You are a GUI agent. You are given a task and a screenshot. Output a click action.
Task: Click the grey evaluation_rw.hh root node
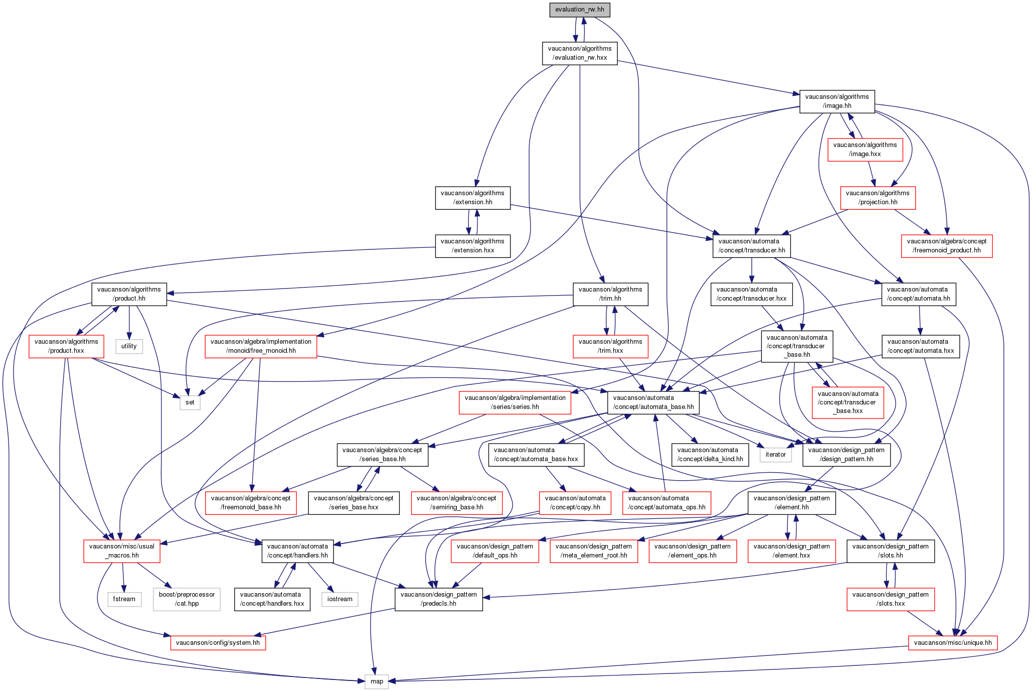click(x=580, y=10)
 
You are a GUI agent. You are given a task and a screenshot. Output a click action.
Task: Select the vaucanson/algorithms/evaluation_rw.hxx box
click(x=580, y=53)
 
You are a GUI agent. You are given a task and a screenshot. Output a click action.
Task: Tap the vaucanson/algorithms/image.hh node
click(x=837, y=101)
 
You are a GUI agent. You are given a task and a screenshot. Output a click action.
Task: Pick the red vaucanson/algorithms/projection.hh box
click(x=878, y=197)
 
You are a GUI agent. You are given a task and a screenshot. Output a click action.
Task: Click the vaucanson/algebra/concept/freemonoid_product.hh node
click(x=947, y=245)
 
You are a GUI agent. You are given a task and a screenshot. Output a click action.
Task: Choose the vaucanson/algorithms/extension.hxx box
click(x=473, y=245)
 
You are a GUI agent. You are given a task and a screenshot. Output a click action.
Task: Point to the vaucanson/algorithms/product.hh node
click(x=129, y=294)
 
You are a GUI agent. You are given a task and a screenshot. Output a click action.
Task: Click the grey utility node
click(x=129, y=346)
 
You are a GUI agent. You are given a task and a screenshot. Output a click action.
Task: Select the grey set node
click(x=190, y=402)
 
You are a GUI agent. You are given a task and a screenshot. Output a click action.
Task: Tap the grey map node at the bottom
click(x=377, y=681)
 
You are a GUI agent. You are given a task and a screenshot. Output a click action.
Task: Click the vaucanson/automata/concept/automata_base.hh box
click(x=653, y=402)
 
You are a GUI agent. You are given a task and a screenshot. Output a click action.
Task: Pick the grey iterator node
click(x=776, y=455)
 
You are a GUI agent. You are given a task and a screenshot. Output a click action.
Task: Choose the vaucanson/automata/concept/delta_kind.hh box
click(x=710, y=454)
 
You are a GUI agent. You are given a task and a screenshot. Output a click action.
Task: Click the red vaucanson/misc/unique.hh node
click(x=953, y=643)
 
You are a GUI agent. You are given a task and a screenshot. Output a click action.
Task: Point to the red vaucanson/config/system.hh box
click(x=218, y=643)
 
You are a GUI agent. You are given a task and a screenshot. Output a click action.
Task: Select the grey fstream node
click(x=124, y=599)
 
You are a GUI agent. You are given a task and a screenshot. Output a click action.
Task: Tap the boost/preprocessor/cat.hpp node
click(x=187, y=599)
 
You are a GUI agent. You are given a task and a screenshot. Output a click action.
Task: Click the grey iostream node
click(x=340, y=599)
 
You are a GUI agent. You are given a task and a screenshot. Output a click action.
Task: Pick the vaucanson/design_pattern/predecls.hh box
click(x=439, y=599)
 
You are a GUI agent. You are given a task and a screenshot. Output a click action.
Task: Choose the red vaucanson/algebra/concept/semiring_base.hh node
click(x=456, y=502)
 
